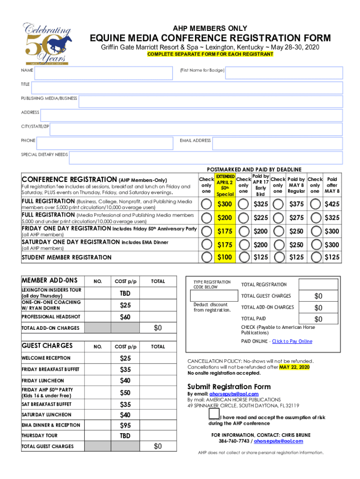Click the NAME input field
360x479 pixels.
pyautogui.click(x=103, y=72)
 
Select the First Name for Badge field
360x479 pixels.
pyautogui.click(x=284, y=72)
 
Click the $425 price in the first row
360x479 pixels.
pyautogui.click(x=332, y=204)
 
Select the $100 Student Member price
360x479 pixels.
pyautogui.click(x=224, y=257)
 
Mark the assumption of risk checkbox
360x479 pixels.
pyautogui.click(x=214, y=414)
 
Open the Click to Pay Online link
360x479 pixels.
pyautogui.click(x=292, y=341)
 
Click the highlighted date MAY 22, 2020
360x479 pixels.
pyautogui.click(x=295, y=367)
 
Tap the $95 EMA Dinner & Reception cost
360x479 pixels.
pyautogui.click(x=125, y=425)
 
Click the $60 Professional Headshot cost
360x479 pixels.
pyautogui.click(x=125, y=317)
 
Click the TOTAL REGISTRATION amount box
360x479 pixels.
pyautogui.click(x=318, y=285)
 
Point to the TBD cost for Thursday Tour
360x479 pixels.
pyautogui.click(x=125, y=435)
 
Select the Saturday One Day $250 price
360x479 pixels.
pyautogui.click(x=296, y=244)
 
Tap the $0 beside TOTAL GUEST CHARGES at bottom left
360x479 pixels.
pyautogui.click(x=158, y=446)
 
